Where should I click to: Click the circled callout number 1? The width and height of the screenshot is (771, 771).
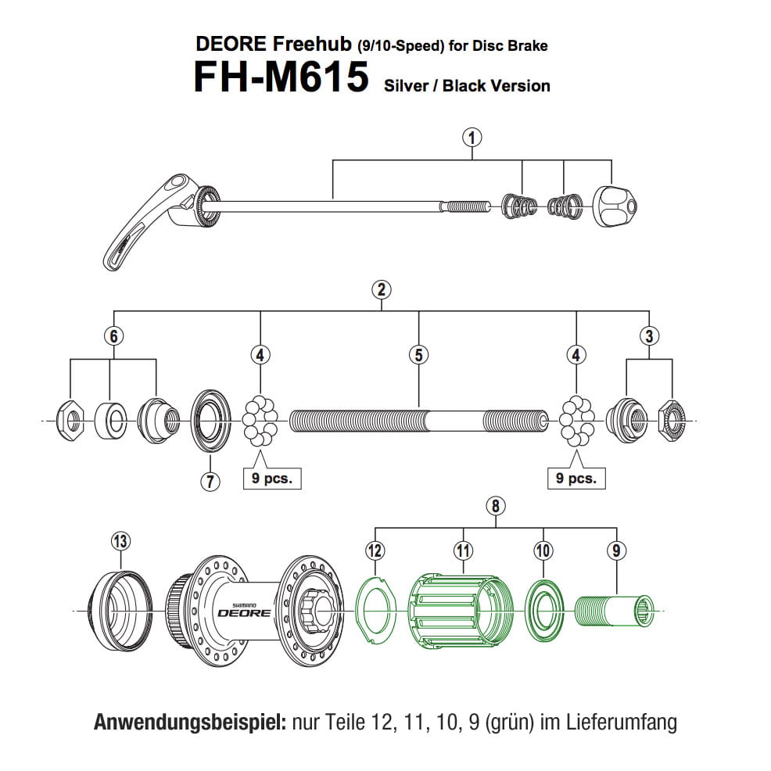tap(471, 138)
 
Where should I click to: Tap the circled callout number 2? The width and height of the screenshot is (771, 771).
tap(381, 289)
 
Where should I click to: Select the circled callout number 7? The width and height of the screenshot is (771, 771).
tap(210, 481)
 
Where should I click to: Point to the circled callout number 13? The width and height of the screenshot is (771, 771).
tap(120, 540)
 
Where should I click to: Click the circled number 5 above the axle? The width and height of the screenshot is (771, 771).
tap(418, 355)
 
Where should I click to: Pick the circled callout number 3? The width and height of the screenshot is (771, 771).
tap(649, 336)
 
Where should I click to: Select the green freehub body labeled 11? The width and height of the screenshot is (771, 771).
tap(461, 611)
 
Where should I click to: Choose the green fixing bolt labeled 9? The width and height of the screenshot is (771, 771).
tap(615, 609)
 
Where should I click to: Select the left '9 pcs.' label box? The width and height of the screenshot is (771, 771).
tap(271, 479)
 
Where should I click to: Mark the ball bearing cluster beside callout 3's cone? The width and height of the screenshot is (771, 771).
tap(576, 422)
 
